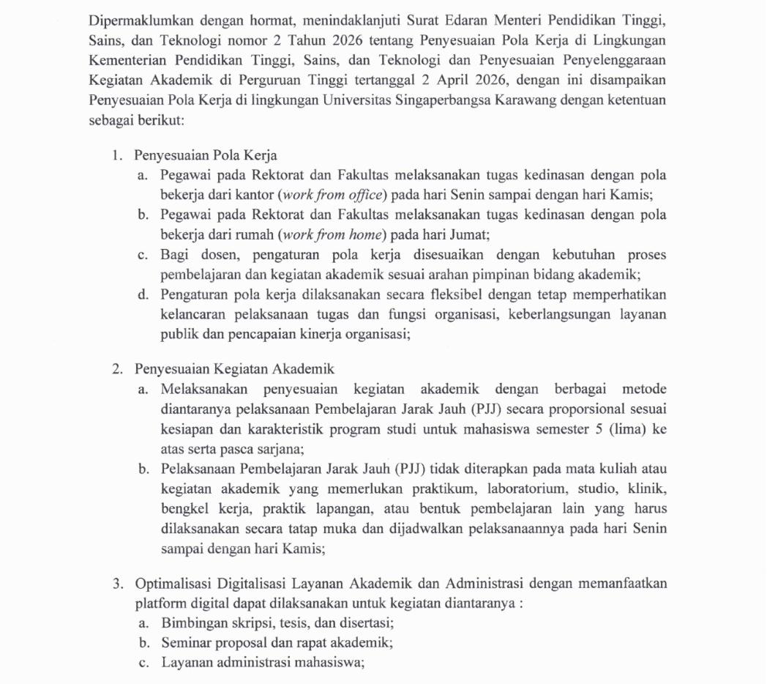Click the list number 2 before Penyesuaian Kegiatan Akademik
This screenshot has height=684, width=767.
(116, 368)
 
